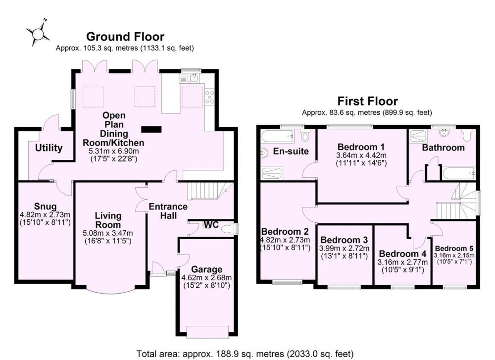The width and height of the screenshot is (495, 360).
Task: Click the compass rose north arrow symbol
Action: click(38, 32)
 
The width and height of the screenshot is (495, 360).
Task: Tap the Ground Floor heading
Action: click(125, 37)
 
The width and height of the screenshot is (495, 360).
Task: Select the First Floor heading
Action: click(367, 101)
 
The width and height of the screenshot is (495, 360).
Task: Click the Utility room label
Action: click(49, 148)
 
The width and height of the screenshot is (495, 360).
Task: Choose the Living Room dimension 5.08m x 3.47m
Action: click(108, 233)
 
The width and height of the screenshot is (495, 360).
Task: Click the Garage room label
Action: click(207, 269)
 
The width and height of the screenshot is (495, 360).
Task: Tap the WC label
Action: click(211, 224)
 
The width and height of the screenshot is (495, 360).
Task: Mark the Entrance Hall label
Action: click(168, 211)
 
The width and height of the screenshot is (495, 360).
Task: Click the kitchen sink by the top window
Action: click(189, 78)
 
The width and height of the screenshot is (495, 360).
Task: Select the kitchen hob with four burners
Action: click(209, 97)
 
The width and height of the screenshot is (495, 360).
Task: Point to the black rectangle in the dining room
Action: click(151, 129)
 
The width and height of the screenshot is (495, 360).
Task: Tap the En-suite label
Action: click(291, 151)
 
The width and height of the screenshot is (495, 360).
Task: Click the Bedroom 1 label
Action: click(361, 147)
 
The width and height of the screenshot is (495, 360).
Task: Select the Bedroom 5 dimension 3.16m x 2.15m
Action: click(454, 256)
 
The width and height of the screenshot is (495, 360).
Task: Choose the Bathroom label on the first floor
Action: click(443, 148)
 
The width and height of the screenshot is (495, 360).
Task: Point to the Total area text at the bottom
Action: click(245, 354)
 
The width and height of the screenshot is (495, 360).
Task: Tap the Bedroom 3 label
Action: click(344, 240)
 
